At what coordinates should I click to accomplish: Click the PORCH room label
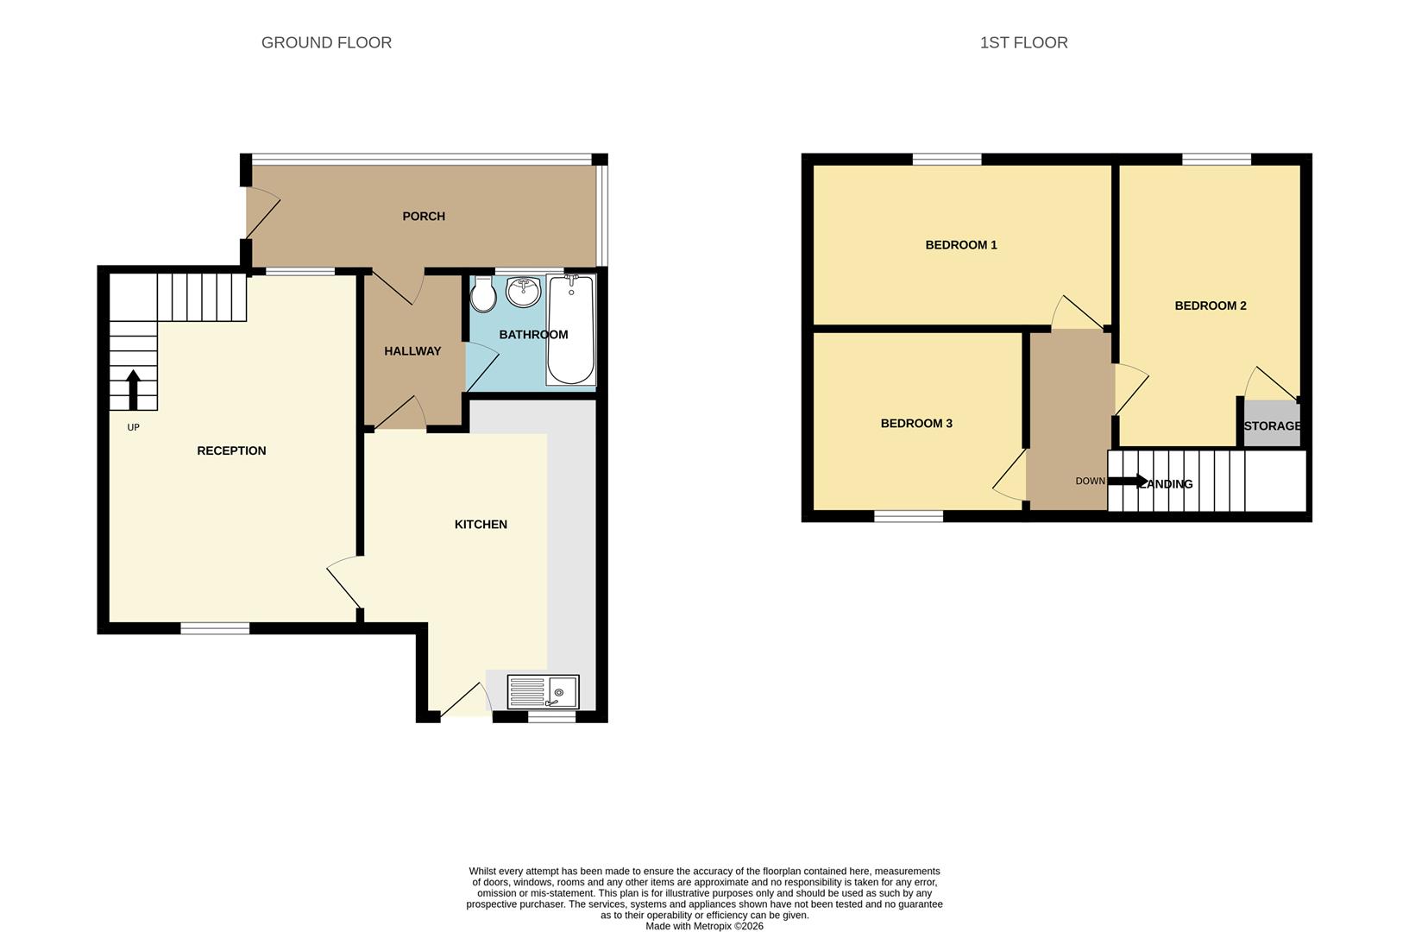coord(424,217)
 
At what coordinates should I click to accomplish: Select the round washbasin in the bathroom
coord(523,293)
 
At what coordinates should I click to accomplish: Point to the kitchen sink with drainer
coord(543,692)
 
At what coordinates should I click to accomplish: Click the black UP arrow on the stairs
coord(133,390)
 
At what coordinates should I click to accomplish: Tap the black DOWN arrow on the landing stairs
coord(1128,481)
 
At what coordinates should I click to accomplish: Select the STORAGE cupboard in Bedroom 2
coord(1272,425)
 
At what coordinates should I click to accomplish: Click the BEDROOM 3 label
coord(916,424)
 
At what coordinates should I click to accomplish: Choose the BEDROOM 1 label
coord(961,245)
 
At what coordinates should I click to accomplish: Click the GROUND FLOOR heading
coord(326,42)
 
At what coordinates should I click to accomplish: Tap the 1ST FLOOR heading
coord(1023,42)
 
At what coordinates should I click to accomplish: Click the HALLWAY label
coord(412,351)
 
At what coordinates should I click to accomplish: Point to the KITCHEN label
coord(481,525)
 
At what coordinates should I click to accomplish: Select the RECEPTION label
coord(231,450)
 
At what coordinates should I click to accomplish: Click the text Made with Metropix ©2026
coord(704,926)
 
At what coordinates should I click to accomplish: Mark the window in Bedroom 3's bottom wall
coord(909,516)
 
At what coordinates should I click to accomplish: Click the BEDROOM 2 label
coord(1211,305)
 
